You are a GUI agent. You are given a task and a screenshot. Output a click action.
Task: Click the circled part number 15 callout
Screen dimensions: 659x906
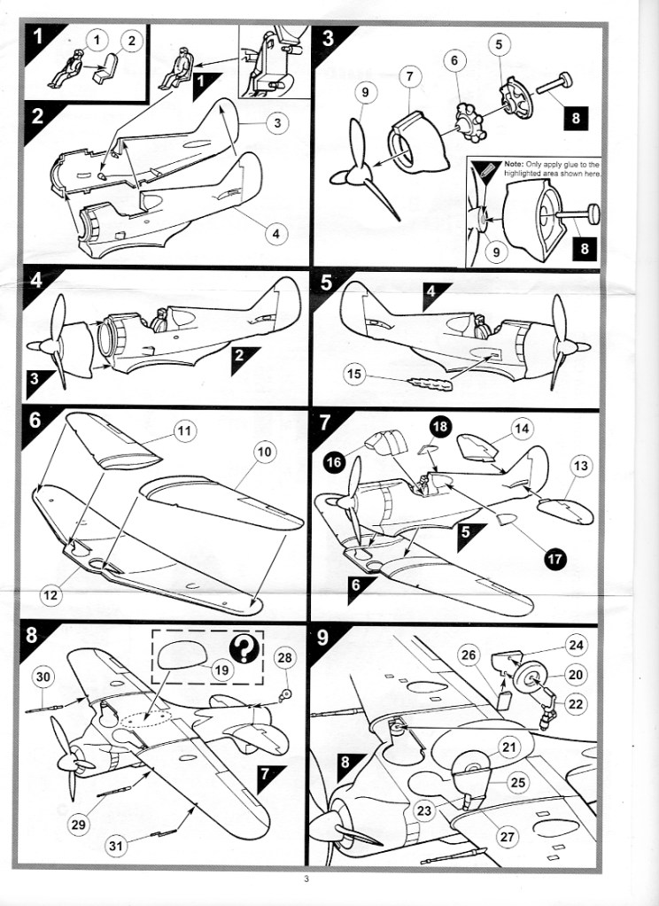pyautogui.click(x=354, y=374)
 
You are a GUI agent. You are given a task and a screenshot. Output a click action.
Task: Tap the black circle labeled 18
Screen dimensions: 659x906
pyautogui.click(x=440, y=426)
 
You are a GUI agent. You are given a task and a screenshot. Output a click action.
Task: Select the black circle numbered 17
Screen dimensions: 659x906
pyautogui.click(x=554, y=558)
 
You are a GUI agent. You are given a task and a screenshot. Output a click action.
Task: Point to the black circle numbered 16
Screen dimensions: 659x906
pyautogui.click(x=334, y=461)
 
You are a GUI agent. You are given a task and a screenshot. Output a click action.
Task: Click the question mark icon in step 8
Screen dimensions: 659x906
pyautogui.click(x=244, y=649)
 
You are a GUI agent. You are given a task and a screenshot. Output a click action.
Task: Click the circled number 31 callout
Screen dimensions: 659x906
pyautogui.click(x=116, y=846)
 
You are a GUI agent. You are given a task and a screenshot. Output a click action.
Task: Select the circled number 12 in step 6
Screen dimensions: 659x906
pyautogui.click(x=50, y=594)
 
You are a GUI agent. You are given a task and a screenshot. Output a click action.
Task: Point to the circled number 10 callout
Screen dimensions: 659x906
pyautogui.click(x=264, y=452)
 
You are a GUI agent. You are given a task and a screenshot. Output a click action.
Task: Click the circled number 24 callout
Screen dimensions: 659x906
pyautogui.click(x=576, y=645)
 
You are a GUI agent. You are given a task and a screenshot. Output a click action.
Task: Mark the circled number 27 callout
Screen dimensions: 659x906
pyautogui.click(x=507, y=837)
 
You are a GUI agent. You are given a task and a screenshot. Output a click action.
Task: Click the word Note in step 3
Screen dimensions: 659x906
pyautogui.click(x=514, y=165)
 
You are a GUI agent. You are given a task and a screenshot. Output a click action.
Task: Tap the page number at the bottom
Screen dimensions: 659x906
pyautogui.click(x=306, y=879)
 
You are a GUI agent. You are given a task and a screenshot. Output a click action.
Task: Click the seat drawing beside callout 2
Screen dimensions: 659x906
pyautogui.click(x=105, y=69)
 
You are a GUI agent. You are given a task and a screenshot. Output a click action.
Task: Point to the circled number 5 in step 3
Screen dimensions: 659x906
pyautogui.click(x=499, y=44)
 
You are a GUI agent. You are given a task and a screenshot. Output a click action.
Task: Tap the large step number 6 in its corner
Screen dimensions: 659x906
pyautogui.click(x=35, y=420)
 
